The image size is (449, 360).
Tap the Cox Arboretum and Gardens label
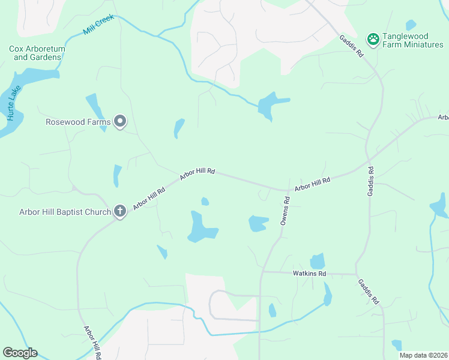coord(37,53)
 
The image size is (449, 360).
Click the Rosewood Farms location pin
coord(120,122)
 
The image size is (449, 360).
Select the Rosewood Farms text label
coord(78,122)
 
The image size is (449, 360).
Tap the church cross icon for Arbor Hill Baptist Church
coord(120,211)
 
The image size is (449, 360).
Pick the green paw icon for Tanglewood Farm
coord(373,40)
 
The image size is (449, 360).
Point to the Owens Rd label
coord(285,211)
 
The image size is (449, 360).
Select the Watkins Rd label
coord(309,274)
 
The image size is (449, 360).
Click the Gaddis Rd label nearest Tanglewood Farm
coord(351,45)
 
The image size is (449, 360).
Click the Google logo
coord(20,353)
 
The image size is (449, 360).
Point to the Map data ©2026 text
coord(423,355)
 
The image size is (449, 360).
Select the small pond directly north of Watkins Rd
coord(318,262)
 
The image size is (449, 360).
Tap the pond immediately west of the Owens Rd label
coord(259,223)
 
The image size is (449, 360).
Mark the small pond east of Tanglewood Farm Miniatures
coord(411,25)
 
